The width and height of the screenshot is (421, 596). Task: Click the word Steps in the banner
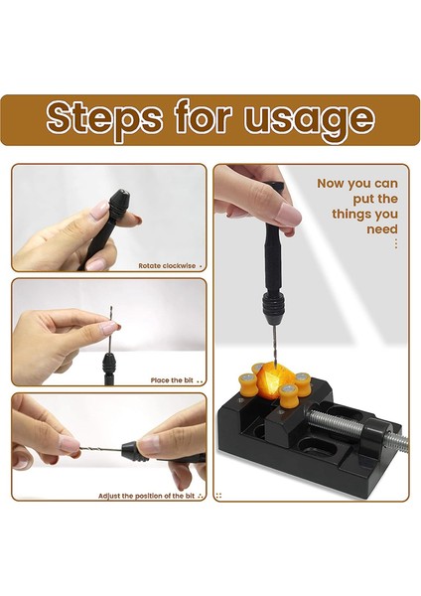104,118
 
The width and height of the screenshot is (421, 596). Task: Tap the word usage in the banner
309,118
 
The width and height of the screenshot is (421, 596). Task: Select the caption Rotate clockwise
167,265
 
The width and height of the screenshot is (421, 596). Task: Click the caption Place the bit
172,380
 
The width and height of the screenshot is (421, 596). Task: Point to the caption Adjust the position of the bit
146,496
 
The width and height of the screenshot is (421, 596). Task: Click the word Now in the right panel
331,183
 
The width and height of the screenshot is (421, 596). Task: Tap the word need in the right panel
382,229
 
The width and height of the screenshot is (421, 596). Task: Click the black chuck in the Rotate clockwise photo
119,203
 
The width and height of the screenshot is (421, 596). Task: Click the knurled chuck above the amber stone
272,306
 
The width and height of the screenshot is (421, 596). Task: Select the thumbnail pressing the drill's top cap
288,214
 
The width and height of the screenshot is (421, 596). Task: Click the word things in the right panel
350,214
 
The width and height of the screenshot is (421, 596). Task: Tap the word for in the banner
203,116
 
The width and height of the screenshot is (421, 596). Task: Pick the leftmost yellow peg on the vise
246,384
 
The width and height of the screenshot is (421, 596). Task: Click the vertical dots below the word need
396,243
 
